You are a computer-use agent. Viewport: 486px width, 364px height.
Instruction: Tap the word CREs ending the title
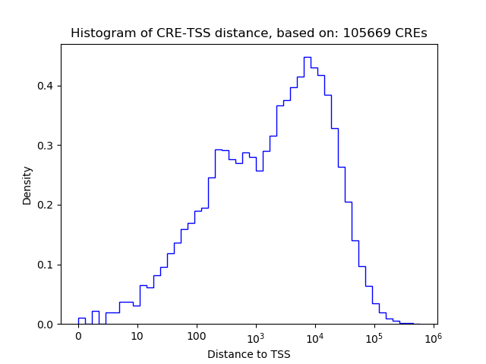[x=410, y=33]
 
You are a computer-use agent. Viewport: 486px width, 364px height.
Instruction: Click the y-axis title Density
[x=27, y=184]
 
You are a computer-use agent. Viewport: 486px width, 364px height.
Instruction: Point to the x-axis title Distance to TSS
[x=249, y=354]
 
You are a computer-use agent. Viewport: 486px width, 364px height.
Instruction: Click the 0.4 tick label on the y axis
[x=45, y=86]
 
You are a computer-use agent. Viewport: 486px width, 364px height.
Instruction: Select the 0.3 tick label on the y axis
[x=45, y=146]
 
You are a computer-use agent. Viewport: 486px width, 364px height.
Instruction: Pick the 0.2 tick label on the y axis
[x=45, y=205]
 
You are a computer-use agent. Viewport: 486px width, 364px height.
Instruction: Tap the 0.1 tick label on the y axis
[x=45, y=265]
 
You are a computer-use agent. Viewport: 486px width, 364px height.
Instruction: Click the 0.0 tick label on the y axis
[x=45, y=325]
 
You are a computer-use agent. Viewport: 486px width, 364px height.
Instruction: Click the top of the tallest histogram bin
[x=307, y=57]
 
